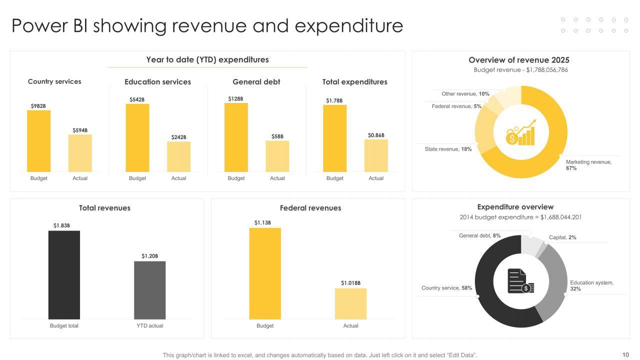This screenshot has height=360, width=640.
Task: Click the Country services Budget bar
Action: pyautogui.click(x=38, y=141)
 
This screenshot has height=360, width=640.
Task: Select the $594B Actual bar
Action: pyautogui.click(x=80, y=153)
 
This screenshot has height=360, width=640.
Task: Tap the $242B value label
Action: pyautogui.click(x=178, y=137)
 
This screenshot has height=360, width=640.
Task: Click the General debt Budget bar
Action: pyautogui.click(x=236, y=137)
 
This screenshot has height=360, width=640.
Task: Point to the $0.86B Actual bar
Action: pyautogui.click(x=376, y=155)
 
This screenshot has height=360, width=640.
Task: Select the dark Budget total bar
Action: pyautogui.click(x=64, y=274)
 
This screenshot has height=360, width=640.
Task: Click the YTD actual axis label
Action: pyautogui.click(x=150, y=325)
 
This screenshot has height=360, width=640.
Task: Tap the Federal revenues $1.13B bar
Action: pyautogui.click(x=265, y=273)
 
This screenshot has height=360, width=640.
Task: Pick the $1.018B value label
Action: pyautogui.click(x=350, y=283)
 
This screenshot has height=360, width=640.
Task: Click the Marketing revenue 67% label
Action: pyautogui.click(x=588, y=165)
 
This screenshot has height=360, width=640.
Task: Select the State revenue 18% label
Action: pyautogui.click(x=448, y=149)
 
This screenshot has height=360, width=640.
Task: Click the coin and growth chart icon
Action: pyautogui.click(x=520, y=133)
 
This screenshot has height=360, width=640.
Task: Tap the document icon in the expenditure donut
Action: pyautogui.click(x=520, y=281)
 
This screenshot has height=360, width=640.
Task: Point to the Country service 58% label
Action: pyautogui.click(x=446, y=288)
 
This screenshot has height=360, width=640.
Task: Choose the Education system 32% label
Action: pyautogui.click(x=591, y=285)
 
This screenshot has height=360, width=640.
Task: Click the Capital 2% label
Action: pyautogui.click(x=562, y=237)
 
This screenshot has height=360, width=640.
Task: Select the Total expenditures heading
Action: pyautogui.click(x=354, y=82)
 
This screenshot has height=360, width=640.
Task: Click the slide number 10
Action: pyautogui.click(x=625, y=355)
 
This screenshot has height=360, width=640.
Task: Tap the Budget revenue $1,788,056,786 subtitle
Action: pyautogui.click(x=520, y=70)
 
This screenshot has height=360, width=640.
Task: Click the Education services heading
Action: pyautogui.click(x=157, y=82)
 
